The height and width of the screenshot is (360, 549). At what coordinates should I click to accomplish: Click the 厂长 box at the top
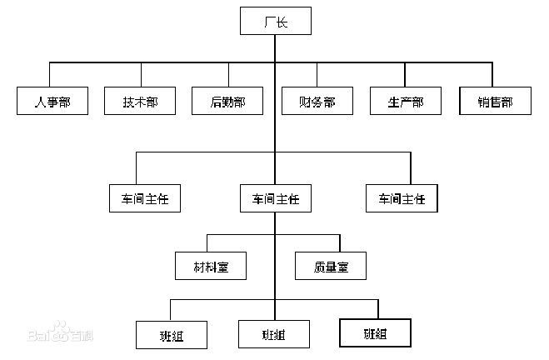(x=275, y=21)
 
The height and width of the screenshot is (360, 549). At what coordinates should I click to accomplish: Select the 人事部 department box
(x=52, y=101)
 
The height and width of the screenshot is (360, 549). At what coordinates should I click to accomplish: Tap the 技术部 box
(x=139, y=101)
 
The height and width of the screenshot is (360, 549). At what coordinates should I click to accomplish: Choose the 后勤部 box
(x=227, y=101)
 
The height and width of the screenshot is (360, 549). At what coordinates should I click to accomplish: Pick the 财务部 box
(x=317, y=101)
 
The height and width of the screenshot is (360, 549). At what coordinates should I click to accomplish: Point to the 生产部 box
(x=406, y=101)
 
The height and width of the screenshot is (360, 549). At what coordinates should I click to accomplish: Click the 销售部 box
(x=495, y=101)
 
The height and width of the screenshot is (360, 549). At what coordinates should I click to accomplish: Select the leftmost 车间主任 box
(x=144, y=198)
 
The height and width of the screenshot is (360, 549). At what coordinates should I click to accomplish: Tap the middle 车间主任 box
(x=275, y=198)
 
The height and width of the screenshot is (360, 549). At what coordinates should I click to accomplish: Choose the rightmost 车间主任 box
(x=401, y=198)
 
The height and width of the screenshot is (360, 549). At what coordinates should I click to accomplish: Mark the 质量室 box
(x=332, y=265)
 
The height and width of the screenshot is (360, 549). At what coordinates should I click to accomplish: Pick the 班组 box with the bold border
(x=375, y=332)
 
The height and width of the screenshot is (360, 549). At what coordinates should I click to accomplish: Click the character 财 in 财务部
(x=305, y=102)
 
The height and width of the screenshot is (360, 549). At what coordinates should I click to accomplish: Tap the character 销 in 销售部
(x=483, y=102)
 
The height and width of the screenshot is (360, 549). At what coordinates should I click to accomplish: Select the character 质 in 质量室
(x=320, y=266)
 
